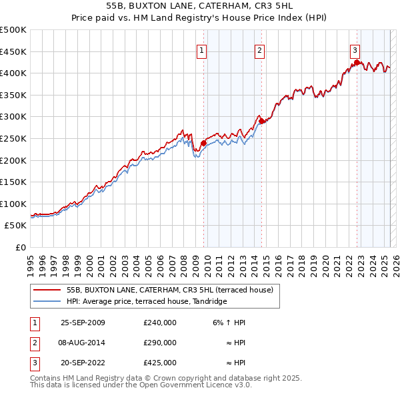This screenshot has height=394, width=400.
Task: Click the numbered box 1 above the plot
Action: click(x=201, y=49)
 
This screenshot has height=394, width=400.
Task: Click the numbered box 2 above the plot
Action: click(x=259, y=49)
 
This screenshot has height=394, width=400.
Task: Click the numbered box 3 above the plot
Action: click(x=355, y=49)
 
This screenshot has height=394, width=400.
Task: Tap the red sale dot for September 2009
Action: click(x=203, y=142)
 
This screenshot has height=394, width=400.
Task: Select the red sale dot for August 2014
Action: click(x=261, y=121)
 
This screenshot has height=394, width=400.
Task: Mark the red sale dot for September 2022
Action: click(x=357, y=63)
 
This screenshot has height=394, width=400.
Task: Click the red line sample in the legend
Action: click(x=47, y=290)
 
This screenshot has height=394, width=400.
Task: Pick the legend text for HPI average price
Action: click(x=147, y=302)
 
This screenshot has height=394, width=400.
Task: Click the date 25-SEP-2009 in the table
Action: click(x=83, y=323)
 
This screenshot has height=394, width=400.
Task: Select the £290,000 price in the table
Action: click(x=160, y=343)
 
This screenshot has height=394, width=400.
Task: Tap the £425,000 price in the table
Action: click(x=160, y=363)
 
